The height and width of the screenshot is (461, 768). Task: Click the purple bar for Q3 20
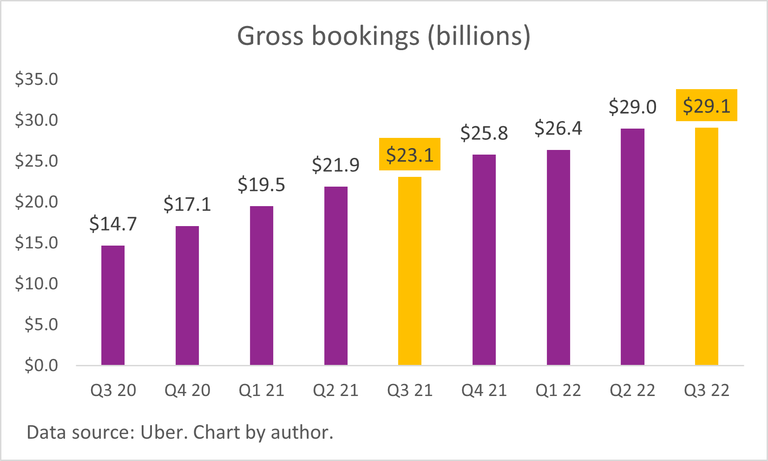click(x=113, y=305)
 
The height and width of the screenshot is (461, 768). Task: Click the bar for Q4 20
click(x=187, y=295)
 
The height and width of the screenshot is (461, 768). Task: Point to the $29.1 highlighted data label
click(x=706, y=106)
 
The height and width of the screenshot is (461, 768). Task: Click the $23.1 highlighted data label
click(x=410, y=155)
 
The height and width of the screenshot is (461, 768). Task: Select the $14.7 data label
click(x=113, y=224)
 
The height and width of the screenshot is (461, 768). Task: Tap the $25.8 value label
click(x=484, y=133)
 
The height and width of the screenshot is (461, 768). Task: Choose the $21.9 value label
click(x=335, y=165)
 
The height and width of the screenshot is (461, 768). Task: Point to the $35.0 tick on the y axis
click(x=37, y=79)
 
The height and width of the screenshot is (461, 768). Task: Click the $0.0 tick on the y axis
click(x=41, y=365)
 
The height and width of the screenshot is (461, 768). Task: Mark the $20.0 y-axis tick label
click(x=37, y=201)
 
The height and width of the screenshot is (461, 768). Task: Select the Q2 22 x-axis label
click(x=632, y=390)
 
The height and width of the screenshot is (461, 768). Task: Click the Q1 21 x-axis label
click(x=261, y=390)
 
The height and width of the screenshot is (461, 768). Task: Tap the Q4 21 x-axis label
click(x=484, y=390)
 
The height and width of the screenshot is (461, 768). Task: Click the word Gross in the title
click(x=270, y=36)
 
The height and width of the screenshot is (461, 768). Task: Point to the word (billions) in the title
click(x=479, y=36)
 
